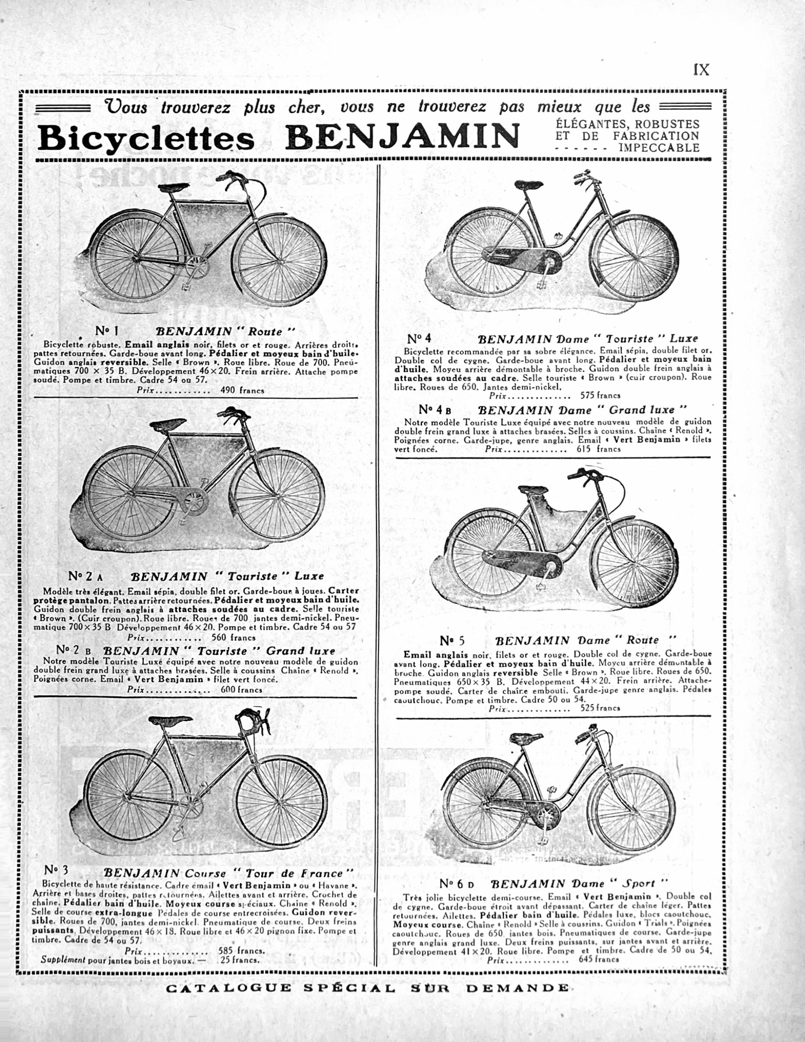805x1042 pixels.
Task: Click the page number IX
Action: [x=701, y=70]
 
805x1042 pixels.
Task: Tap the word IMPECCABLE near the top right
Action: [x=659, y=148]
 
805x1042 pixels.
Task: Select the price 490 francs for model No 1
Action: [x=242, y=390]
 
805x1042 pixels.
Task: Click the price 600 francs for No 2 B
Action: [x=241, y=689]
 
